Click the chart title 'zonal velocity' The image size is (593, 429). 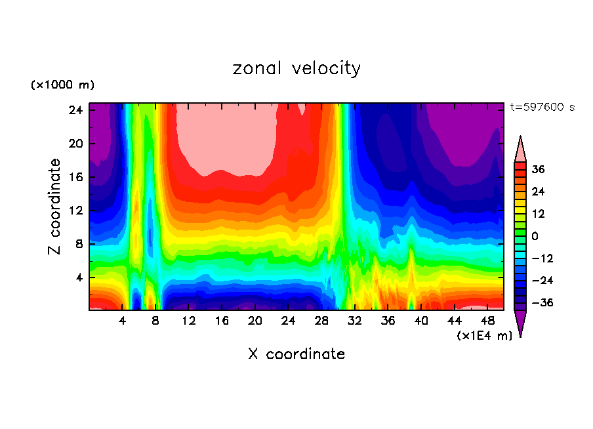pos(296,68)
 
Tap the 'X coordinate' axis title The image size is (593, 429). pos(296,354)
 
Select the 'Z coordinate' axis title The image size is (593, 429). pos(55,207)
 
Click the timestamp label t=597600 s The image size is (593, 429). pos(542,107)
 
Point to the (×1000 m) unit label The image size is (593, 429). pos(62,85)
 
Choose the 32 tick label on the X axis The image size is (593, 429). pos(355,321)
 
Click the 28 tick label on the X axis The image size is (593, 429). pos(321,321)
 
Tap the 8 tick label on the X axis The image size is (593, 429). pos(155,321)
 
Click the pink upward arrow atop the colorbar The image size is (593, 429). pos(520,149)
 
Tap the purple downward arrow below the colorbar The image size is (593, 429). pos(520,323)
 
